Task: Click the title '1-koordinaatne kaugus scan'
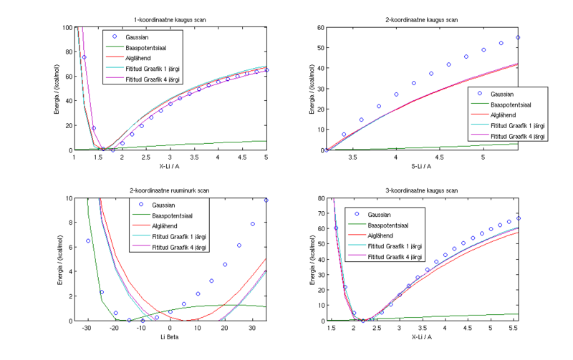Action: coord(170,20)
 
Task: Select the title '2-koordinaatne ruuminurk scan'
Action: coord(170,190)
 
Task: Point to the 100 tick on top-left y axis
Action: coord(67,27)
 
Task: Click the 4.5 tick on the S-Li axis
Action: coord(440,157)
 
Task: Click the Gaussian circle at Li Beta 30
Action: coord(253,224)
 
